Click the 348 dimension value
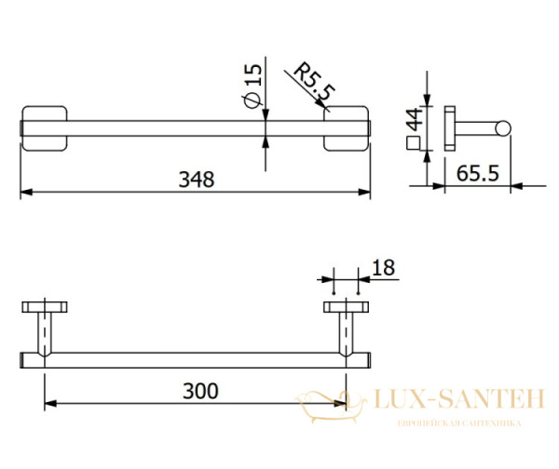point(197,180)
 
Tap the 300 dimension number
point(200,391)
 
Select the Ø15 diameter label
point(252,86)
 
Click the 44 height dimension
point(415,119)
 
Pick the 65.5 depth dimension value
point(478,174)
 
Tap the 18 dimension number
point(383,268)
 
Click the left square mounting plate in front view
point(45,128)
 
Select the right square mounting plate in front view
point(346,128)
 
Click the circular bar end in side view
point(503,128)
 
